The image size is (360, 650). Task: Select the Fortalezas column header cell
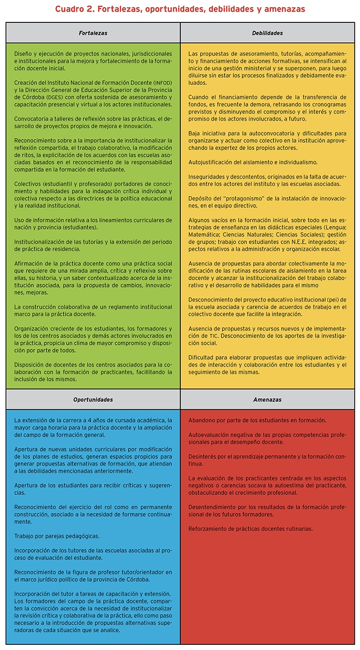[93, 33]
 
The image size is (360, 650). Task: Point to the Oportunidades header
[93, 400]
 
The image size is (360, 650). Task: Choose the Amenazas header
[267, 400]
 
